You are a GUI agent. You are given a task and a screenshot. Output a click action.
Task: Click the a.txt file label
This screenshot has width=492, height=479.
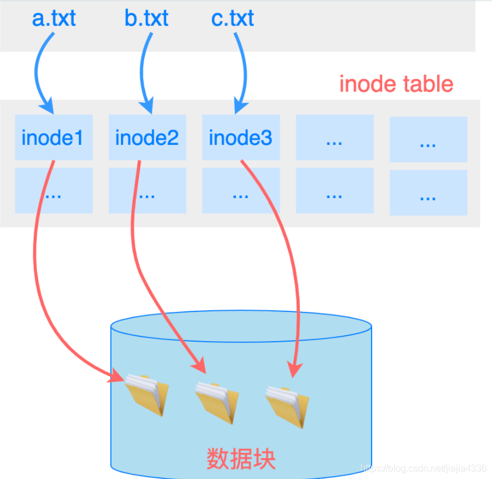(54, 18)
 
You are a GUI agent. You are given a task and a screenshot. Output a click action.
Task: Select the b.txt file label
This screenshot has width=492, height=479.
(146, 18)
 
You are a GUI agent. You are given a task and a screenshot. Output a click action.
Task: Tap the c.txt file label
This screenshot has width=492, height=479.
(233, 18)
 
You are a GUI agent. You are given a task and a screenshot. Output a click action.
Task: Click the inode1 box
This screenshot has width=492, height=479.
(54, 138)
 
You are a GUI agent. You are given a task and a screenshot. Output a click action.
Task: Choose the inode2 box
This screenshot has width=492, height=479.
(147, 138)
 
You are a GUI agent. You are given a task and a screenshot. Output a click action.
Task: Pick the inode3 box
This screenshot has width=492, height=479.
(241, 138)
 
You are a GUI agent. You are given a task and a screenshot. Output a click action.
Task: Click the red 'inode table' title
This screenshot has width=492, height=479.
(396, 84)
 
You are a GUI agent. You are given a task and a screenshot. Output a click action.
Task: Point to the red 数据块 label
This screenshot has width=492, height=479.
(241, 459)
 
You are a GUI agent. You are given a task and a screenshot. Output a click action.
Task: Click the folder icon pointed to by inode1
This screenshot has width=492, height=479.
(146, 394)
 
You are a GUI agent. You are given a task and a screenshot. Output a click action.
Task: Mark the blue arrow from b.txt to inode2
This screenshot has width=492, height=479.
(142, 70)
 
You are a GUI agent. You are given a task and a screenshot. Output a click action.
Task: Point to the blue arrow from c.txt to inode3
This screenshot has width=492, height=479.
(241, 70)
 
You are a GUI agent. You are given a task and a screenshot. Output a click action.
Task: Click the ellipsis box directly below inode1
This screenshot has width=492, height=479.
(54, 191)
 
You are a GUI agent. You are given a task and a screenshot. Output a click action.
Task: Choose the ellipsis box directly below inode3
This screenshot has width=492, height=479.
(241, 191)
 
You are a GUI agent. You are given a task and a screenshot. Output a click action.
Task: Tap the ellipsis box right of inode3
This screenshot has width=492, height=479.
(334, 138)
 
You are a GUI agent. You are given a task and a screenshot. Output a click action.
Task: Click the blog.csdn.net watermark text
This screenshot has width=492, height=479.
(424, 468)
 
